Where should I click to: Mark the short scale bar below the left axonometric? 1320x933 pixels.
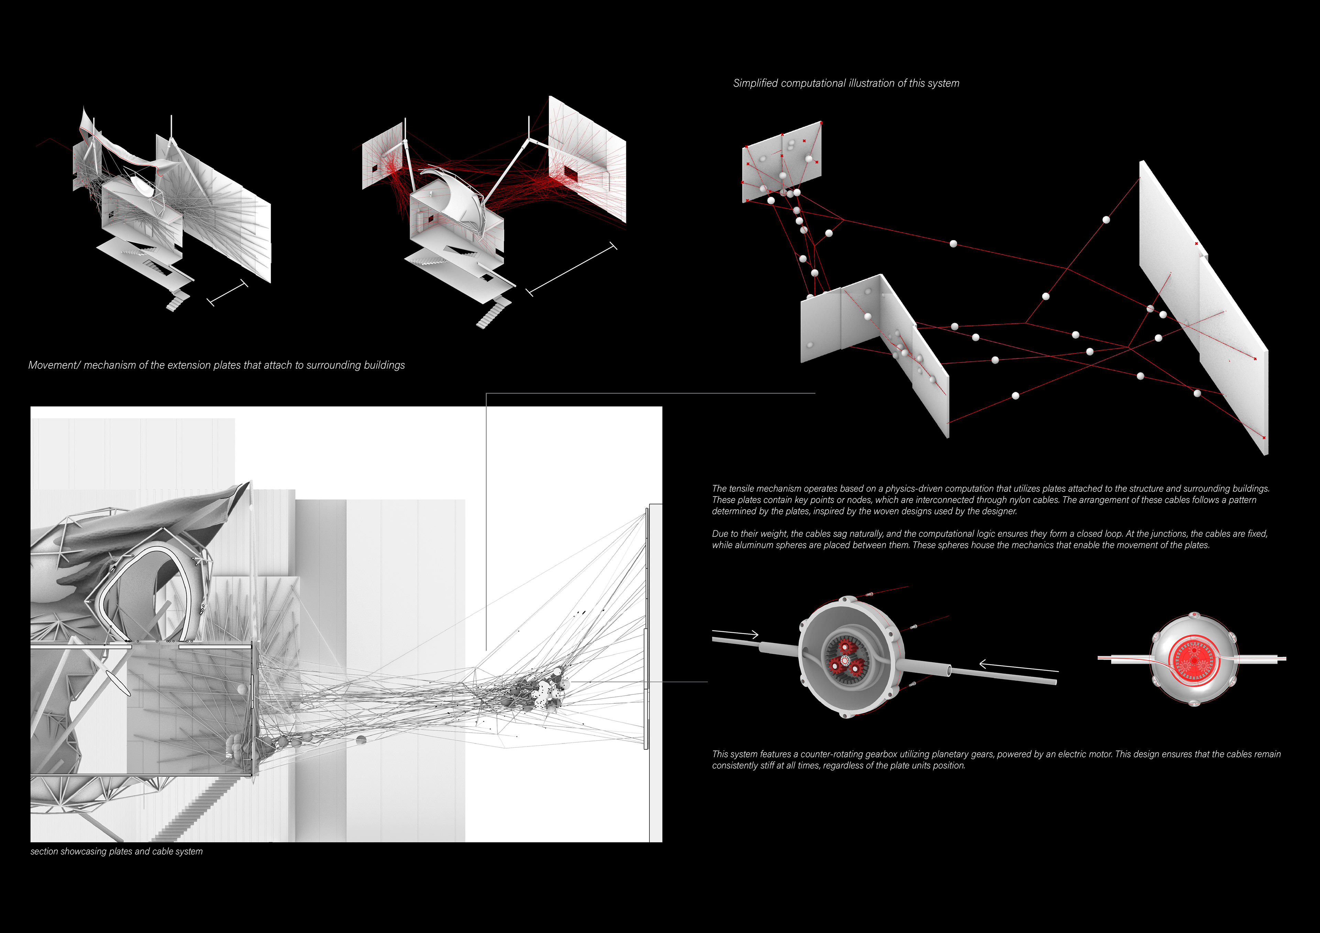point(227,292)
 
